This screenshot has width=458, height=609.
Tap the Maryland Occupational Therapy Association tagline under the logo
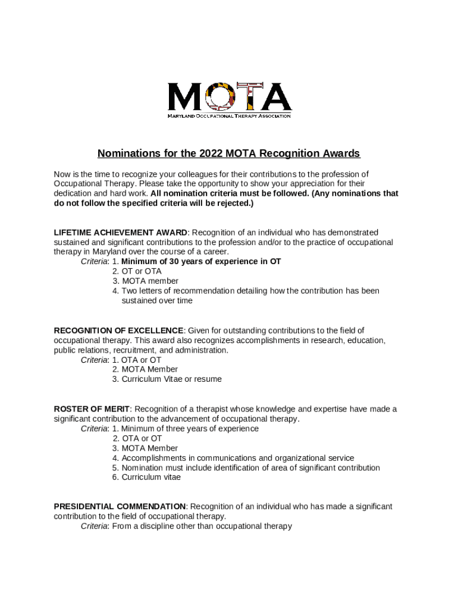click(x=229, y=116)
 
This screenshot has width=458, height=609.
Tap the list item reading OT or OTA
click(x=142, y=271)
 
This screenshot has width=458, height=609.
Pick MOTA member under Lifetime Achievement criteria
click(x=150, y=281)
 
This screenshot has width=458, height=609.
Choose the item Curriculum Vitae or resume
click(x=171, y=379)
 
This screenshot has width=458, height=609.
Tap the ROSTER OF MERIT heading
click(x=92, y=409)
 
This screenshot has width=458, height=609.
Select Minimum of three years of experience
click(x=190, y=429)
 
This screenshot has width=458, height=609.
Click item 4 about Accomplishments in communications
click(x=237, y=458)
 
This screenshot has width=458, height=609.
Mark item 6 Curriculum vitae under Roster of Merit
click(x=151, y=477)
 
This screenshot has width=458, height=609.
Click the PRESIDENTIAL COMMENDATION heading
click(x=120, y=507)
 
